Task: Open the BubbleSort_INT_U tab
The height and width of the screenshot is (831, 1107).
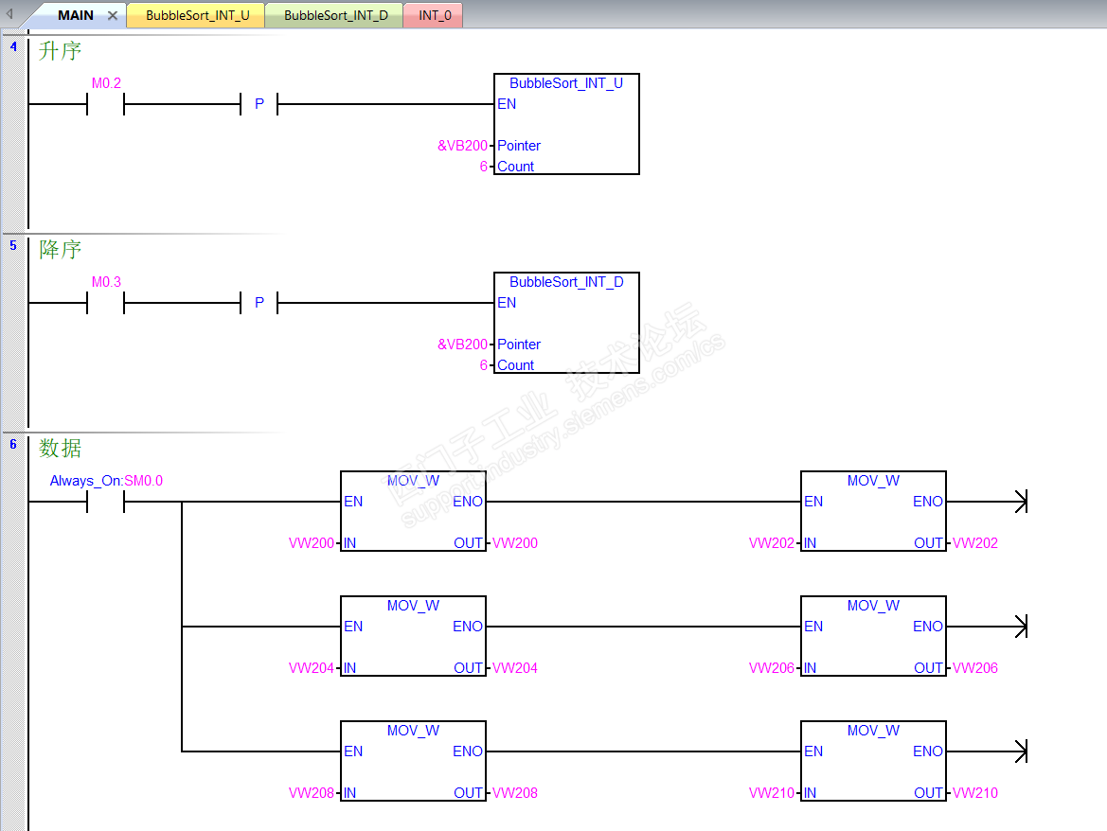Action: click(197, 16)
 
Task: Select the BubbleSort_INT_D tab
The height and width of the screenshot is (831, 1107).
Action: click(335, 16)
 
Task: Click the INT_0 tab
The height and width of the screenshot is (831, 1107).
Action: click(435, 16)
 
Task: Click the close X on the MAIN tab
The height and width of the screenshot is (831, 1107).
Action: click(112, 16)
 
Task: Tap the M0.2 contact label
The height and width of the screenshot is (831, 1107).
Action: click(106, 83)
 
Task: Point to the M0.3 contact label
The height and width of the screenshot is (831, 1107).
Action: click(106, 282)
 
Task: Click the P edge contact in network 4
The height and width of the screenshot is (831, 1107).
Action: click(259, 104)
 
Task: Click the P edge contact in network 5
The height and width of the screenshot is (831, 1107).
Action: click(259, 303)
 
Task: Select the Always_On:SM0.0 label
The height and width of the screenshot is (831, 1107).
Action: click(106, 481)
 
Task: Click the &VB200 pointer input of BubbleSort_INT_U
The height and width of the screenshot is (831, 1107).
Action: click(462, 146)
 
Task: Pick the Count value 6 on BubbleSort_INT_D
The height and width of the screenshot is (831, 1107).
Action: click(483, 365)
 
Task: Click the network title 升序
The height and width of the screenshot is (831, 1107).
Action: click(60, 51)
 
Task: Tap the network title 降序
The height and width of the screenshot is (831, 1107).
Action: click(60, 250)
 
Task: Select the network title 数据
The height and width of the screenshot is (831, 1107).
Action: click(60, 449)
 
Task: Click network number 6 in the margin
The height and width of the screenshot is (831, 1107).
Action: click(13, 444)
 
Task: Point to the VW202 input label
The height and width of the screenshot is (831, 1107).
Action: click(771, 543)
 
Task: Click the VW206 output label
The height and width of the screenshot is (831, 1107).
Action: click(975, 668)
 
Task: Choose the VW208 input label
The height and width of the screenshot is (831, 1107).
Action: click(312, 793)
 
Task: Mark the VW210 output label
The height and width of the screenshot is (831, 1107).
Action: click(975, 793)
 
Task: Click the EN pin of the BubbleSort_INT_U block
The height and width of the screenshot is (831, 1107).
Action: click(507, 104)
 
